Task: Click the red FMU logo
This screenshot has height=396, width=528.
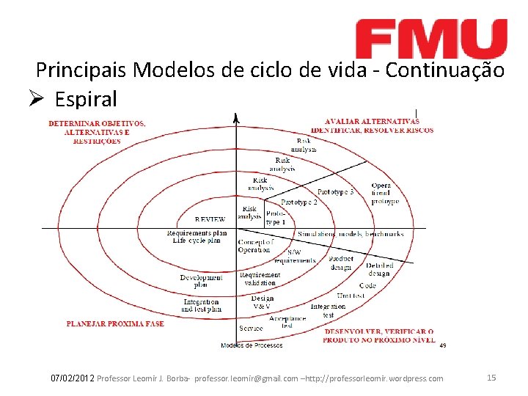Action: tap(431, 39)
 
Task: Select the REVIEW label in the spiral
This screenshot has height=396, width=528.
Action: tap(210, 219)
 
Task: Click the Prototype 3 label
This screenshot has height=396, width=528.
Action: tap(336, 192)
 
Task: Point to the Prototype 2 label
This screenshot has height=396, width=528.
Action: tap(299, 202)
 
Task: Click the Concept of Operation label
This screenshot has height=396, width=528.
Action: tap(255, 246)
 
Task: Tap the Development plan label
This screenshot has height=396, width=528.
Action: tap(201, 281)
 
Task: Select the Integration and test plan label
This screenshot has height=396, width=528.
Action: tap(201, 305)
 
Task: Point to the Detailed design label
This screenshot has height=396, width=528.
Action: tap(380, 269)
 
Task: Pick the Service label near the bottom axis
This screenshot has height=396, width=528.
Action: tap(251, 328)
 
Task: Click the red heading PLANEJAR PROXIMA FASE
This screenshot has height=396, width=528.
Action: tap(115, 323)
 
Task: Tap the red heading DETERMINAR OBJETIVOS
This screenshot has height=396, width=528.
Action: tap(97, 123)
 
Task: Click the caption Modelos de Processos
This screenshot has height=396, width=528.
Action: tap(252, 345)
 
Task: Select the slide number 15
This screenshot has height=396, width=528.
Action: tap(491, 378)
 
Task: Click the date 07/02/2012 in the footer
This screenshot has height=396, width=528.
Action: tap(72, 378)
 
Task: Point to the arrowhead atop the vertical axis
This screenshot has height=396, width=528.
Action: tap(235, 117)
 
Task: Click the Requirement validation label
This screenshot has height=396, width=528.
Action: tap(259, 279)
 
